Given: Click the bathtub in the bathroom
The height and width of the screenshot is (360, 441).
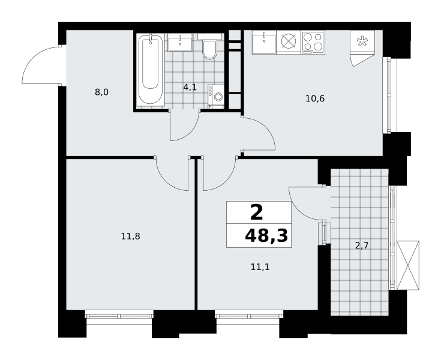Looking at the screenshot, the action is (x=151, y=70).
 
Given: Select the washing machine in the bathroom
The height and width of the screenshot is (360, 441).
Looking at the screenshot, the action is (x=216, y=97).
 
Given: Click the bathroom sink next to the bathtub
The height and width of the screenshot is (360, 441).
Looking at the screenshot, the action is (x=180, y=42).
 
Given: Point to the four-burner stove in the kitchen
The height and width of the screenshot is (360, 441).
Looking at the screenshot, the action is (x=313, y=42).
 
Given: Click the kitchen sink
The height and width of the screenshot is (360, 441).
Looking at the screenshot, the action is (x=264, y=42).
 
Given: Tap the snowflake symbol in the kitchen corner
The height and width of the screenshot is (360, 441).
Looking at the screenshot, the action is (x=362, y=41).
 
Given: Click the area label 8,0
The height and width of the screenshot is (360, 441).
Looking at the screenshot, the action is (x=101, y=92).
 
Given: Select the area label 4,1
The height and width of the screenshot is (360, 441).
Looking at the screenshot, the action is (x=190, y=87).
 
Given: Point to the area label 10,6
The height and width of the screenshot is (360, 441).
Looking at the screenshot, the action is (x=315, y=99).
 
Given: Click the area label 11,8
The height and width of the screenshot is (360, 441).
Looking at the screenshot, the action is (x=131, y=236).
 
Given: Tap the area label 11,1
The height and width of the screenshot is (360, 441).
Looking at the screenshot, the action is (x=260, y=267).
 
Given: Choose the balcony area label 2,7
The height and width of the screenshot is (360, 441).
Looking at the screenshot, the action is (x=362, y=246).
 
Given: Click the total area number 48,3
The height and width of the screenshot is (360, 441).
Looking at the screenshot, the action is (x=266, y=235).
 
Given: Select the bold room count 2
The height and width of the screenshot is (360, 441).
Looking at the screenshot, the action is (x=257, y=212).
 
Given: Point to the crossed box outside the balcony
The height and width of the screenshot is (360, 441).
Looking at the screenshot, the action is (x=408, y=265).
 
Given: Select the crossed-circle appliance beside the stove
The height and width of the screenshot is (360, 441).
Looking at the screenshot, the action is (x=289, y=41).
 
